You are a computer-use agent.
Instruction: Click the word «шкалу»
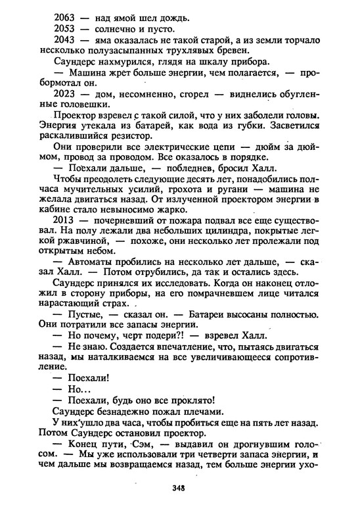click(x=214, y=61)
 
